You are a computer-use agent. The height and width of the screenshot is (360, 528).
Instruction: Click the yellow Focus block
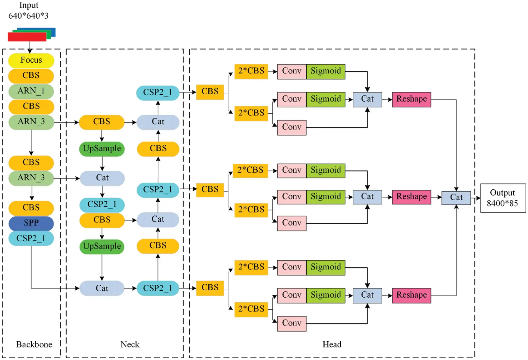(x=31, y=61)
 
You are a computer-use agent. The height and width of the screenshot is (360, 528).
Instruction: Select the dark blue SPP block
(x=31, y=223)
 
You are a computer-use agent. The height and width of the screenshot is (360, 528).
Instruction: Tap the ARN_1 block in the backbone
(x=31, y=91)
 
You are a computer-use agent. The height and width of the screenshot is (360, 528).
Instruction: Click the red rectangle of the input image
(x=27, y=37)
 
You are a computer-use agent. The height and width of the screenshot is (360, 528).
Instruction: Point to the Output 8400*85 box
(x=503, y=198)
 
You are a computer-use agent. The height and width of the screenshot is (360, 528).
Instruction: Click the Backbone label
(x=34, y=345)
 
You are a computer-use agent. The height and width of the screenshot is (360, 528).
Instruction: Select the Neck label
(x=130, y=345)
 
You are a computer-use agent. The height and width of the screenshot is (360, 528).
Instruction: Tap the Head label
(x=332, y=345)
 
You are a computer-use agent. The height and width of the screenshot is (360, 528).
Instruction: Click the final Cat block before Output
(x=456, y=197)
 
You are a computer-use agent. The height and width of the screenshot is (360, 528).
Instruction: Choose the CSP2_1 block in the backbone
(x=31, y=238)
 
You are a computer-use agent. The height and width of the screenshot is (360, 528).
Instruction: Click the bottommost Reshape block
(x=411, y=295)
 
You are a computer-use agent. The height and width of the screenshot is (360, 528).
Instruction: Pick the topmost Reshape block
(x=411, y=99)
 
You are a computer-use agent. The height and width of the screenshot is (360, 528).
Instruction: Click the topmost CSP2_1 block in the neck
(x=158, y=93)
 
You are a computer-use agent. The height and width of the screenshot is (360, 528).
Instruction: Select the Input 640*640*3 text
(x=29, y=11)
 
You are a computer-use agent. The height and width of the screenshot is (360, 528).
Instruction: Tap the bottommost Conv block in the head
(x=291, y=323)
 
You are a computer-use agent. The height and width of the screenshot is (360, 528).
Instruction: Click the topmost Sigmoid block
(x=326, y=71)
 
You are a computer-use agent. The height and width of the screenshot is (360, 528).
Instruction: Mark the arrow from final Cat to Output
(x=476, y=198)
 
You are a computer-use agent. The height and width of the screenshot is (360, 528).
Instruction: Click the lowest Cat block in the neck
(x=102, y=289)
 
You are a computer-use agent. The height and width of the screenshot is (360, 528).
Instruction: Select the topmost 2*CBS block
(x=251, y=71)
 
